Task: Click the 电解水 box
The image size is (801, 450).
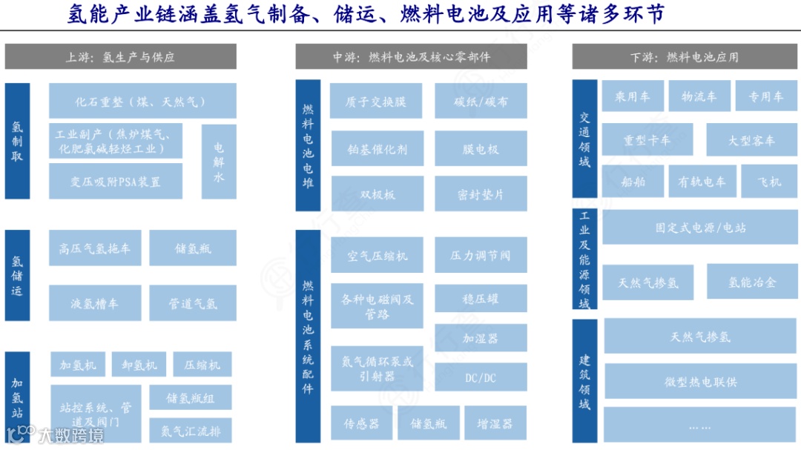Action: pyautogui.click(x=219, y=161)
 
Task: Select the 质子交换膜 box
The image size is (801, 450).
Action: pyautogui.click(x=377, y=101)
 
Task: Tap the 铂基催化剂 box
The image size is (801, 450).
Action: pyautogui.click(x=377, y=148)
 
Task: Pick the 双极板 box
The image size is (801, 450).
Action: pyautogui.click(x=377, y=193)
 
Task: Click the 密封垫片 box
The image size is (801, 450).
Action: pyautogui.click(x=481, y=193)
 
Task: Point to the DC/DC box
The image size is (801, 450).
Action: pyautogui.click(x=481, y=377)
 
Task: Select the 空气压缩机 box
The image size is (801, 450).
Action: pyautogui.click(x=377, y=256)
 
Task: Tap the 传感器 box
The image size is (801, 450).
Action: pyautogui.click(x=361, y=423)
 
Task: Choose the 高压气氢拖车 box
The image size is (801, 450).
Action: pyautogui.click(x=95, y=248)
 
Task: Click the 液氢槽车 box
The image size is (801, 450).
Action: pyautogui.click(x=95, y=303)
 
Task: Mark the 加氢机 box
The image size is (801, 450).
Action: pyautogui.click(x=78, y=365)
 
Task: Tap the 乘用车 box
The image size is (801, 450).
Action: pyautogui.click(x=632, y=96)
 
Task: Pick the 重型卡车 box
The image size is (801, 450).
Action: pyautogui.click(x=647, y=140)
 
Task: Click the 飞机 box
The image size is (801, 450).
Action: pyautogui.click(x=769, y=181)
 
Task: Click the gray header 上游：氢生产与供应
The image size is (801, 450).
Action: pyautogui.click(x=120, y=57)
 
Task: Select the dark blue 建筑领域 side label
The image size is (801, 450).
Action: pyautogui.click(x=585, y=380)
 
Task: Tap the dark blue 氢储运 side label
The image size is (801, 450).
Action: pyautogui.click(x=17, y=276)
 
